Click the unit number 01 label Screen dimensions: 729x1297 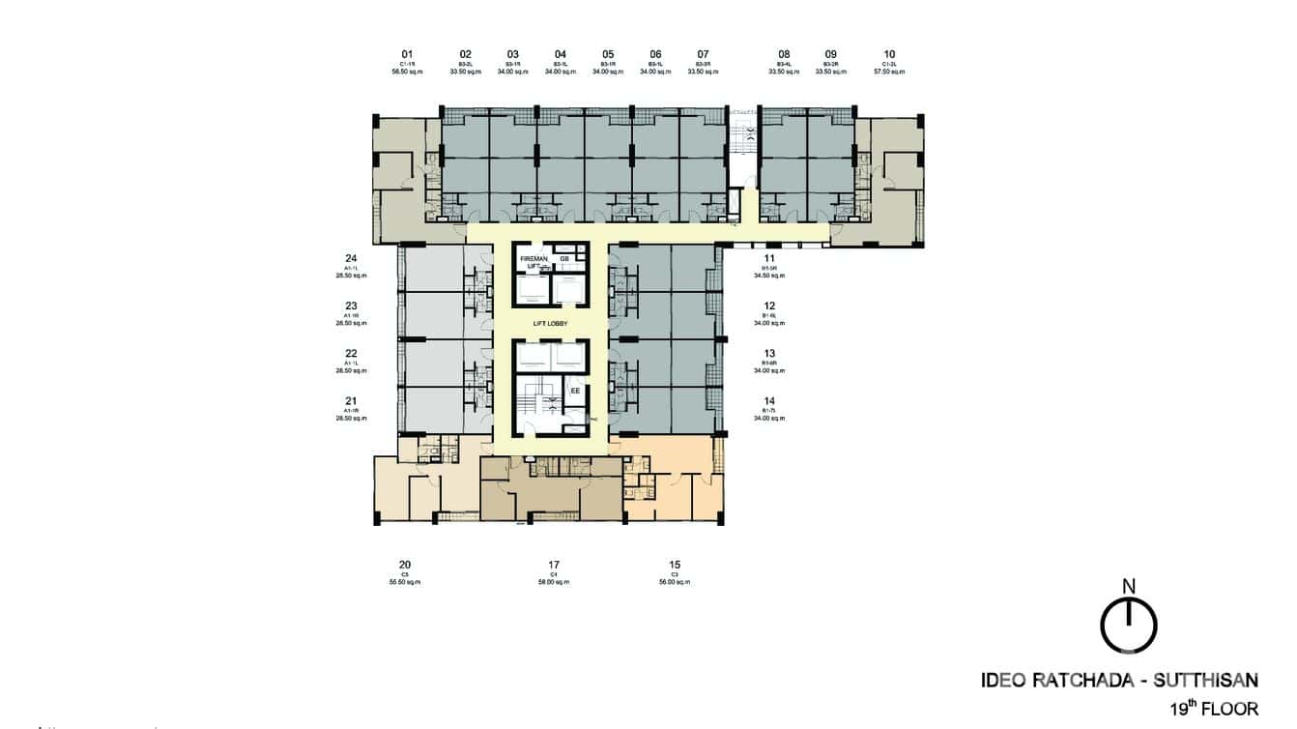(x=407, y=54)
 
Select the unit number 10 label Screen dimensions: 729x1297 (x=889, y=54)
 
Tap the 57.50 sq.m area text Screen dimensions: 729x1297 (x=889, y=72)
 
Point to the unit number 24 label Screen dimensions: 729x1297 (x=351, y=258)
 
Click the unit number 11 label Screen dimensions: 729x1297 (x=769, y=258)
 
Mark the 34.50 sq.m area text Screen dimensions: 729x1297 (x=769, y=276)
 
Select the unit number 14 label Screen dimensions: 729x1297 (x=769, y=401)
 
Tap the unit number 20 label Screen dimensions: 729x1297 (x=405, y=565)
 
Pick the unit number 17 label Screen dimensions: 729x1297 (x=554, y=565)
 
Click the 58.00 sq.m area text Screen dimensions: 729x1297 (x=554, y=582)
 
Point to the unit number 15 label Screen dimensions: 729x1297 (x=675, y=565)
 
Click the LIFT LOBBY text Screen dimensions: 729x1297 (x=549, y=324)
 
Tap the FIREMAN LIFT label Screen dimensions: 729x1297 (x=533, y=263)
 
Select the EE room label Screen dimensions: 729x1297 (x=574, y=392)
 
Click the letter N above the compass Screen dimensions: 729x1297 (x=1128, y=585)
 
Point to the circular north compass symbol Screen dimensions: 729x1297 (x=1128, y=626)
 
